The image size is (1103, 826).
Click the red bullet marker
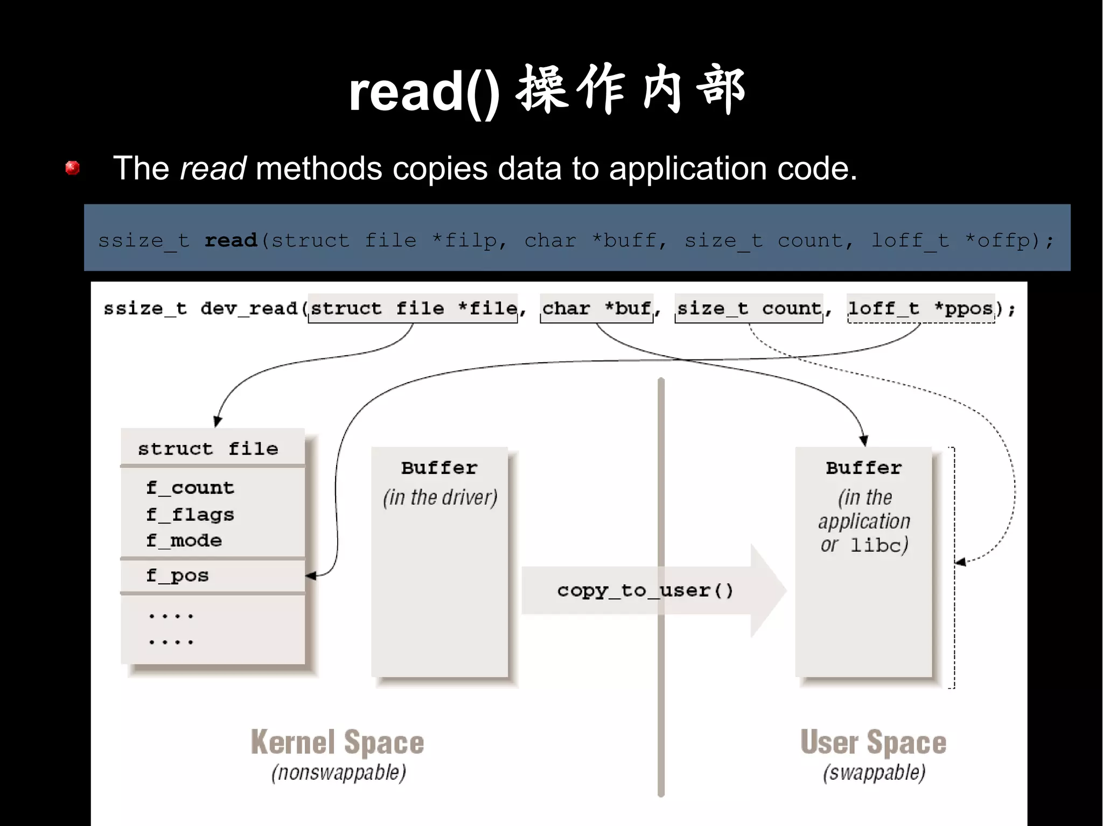(x=73, y=168)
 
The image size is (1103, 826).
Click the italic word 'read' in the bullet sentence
(x=213, y=168)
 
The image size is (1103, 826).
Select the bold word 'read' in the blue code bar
(x=231, y=240)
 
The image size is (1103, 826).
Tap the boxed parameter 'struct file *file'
(x=413, y=308)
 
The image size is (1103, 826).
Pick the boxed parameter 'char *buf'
(x=596, y=308)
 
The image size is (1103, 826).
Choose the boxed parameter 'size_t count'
(x=749, y=308)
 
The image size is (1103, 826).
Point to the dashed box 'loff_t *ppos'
(x=920, y=308)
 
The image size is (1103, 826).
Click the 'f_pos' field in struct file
(x=177, y=575)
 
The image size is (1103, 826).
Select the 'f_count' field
(x=190, y=488)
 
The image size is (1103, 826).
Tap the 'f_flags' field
(x=190, y=514)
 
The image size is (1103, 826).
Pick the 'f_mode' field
(x=184, y=540)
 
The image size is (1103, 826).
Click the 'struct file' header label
(x=208, y=448)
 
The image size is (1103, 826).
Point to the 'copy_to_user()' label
(x=645, y=590)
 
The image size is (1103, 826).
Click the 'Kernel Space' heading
(x=338, y=743)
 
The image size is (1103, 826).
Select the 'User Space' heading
(x=873, y=743)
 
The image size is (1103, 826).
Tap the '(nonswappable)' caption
(x=339, y=773)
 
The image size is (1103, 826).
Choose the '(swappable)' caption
(x=874, y=773)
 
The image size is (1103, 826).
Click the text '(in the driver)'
(x=440, y=497)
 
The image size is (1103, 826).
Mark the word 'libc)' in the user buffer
(x=879, y=545)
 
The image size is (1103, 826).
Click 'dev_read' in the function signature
(x=249, y=308)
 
